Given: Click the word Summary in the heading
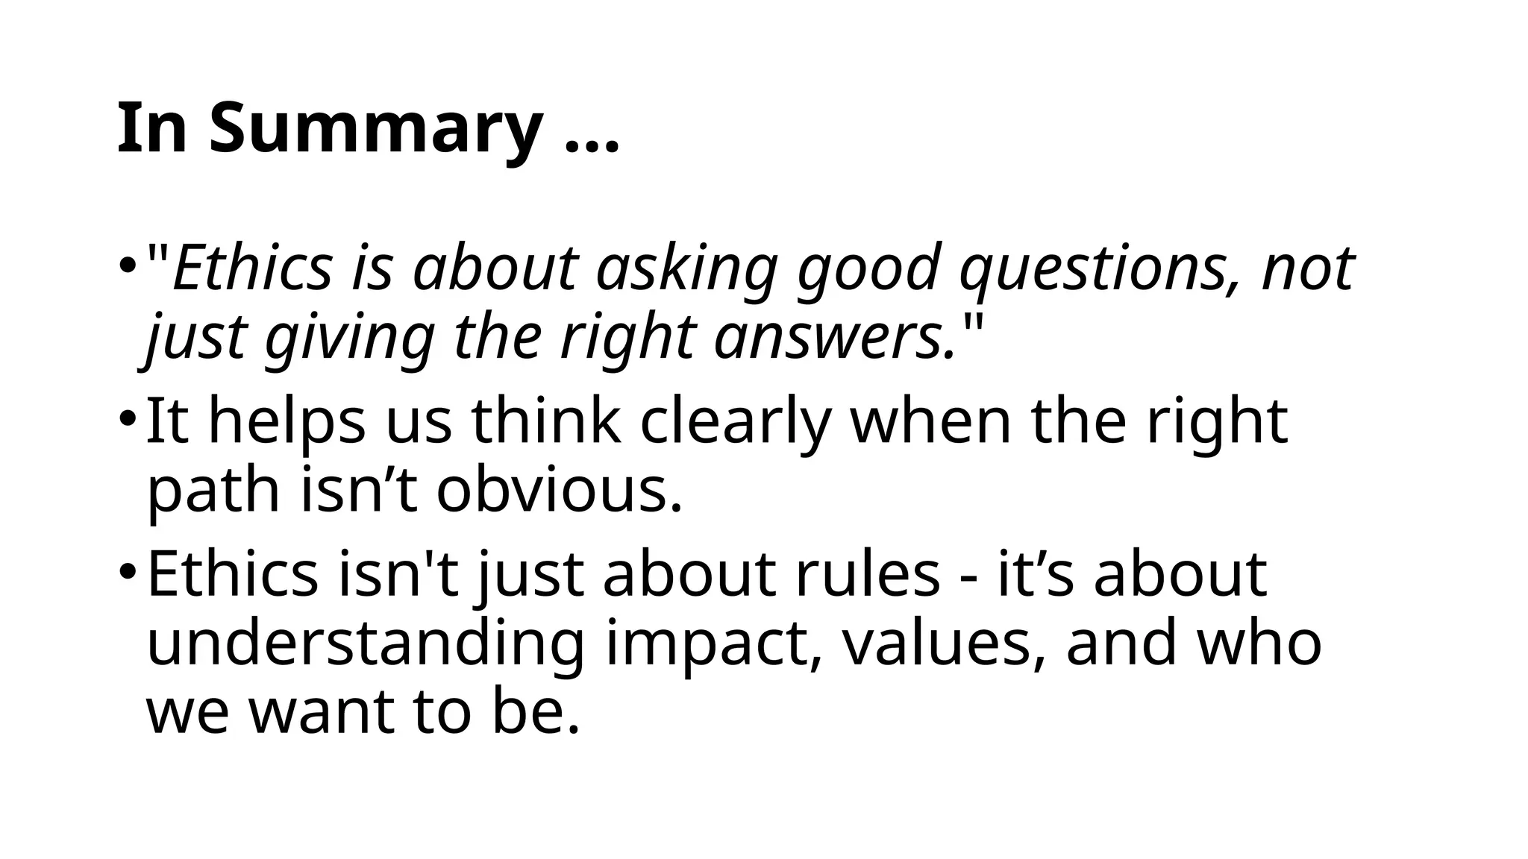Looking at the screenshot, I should (375, 128).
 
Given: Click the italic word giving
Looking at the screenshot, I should (348, 337).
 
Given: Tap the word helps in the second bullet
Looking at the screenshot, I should (286, 422).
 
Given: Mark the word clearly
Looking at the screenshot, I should (735, 422).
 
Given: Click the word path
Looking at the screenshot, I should (214, 491).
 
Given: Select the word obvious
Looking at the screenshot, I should (560, 491).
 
